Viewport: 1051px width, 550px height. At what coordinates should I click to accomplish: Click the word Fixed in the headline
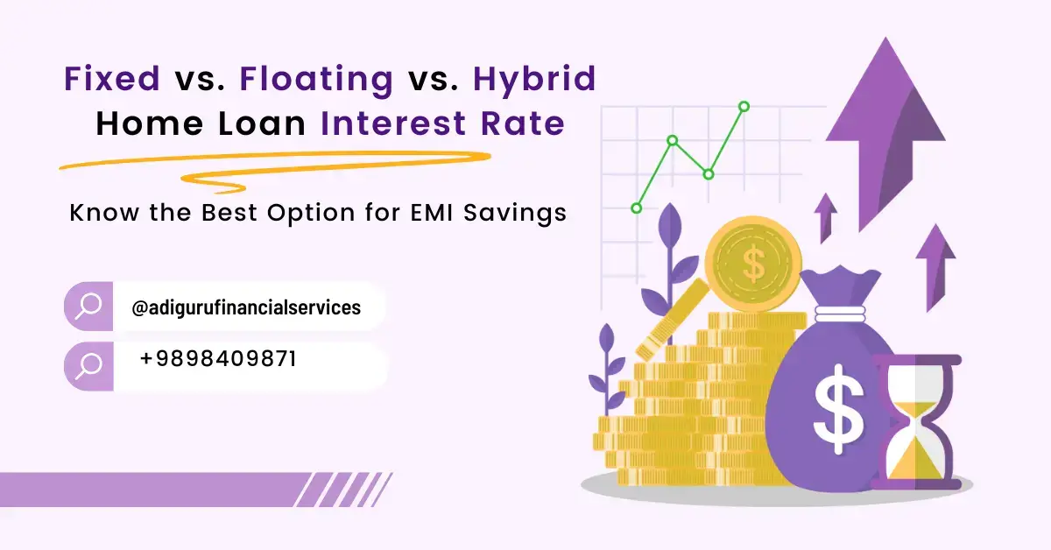tap(112, 78)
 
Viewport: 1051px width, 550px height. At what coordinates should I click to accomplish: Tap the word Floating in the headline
tap(316, 81)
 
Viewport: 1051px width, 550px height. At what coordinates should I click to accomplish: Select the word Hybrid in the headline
tap(534, 81)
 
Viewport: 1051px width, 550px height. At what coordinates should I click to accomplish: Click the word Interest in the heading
tap(393, 123)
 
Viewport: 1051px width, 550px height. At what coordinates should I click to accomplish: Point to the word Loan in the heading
tap(262, 123)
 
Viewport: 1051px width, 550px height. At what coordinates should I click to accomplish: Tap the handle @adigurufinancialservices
tap(246, 308)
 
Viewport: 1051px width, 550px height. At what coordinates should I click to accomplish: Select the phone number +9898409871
tap(218, 359)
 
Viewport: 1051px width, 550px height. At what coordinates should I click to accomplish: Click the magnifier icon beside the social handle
tap(88, 306)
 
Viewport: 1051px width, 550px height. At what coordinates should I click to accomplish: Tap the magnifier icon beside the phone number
tap(88, 366)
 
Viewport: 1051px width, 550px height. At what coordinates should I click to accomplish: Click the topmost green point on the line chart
tap(744, 107)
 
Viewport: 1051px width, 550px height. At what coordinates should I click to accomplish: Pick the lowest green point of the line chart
tap(637, 208)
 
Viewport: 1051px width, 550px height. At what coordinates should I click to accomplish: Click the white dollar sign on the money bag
tap(838, 409)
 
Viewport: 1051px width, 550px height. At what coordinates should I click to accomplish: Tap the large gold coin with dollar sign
tap(753, 264)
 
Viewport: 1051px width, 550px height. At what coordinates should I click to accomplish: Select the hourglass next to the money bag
tap(917, 422)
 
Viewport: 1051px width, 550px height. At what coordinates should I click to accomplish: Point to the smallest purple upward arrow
tap(826, 218)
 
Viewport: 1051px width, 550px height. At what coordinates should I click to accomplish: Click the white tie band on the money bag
tap(840, 314)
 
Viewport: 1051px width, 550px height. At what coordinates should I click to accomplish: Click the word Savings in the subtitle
tap(515, 214)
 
